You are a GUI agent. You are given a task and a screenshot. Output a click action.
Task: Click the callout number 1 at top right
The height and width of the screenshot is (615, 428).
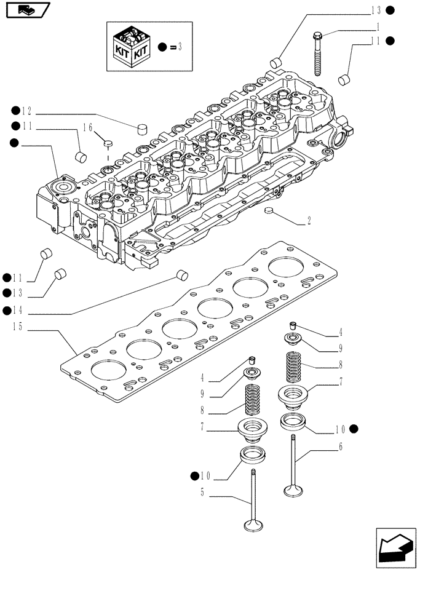(x=378, y=27)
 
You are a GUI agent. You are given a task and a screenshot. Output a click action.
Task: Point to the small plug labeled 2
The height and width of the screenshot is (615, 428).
(x=267, y=212)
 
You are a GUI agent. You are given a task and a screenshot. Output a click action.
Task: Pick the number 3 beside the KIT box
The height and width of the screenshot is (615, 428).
(x=180, y=47)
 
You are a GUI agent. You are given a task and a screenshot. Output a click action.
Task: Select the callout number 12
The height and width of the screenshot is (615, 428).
(x=26, y=111)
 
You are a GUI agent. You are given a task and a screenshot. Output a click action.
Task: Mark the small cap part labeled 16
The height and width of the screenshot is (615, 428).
(x=108, y=143)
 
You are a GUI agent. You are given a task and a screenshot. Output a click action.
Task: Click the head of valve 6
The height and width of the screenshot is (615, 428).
(x=292, y=490)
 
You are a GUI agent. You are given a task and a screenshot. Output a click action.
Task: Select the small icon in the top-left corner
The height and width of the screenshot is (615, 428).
(x=26, y=10)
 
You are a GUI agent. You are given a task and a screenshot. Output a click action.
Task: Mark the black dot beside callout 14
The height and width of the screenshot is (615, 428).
(x=7, y=311)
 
